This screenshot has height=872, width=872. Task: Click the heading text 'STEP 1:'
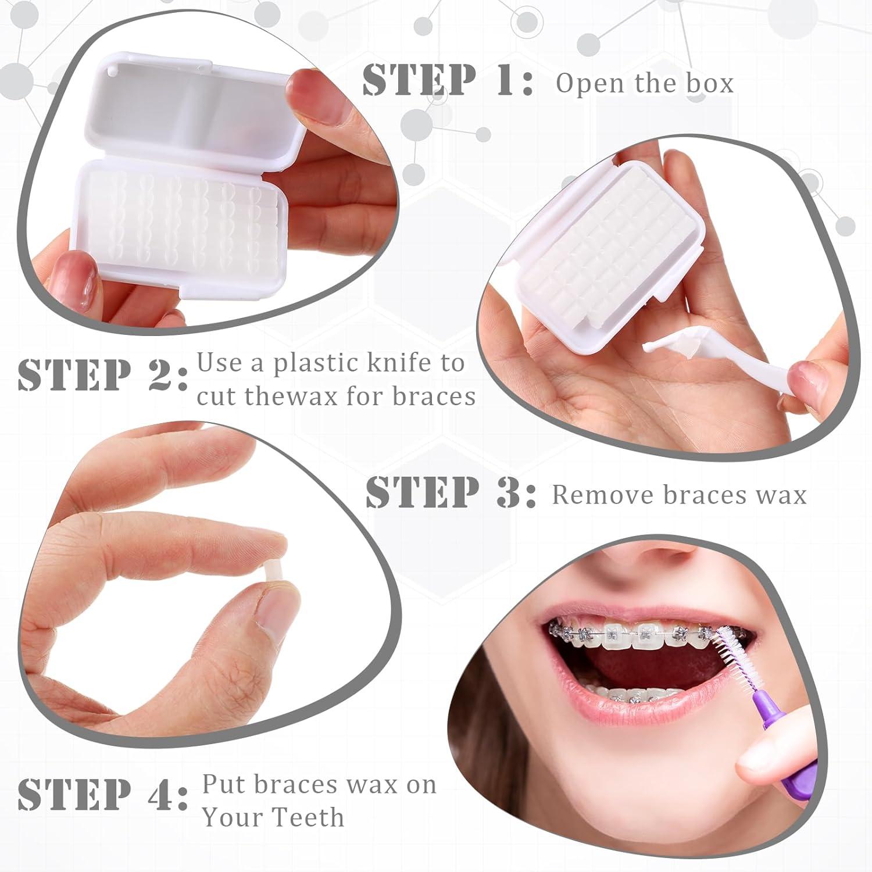click(x=448, y=80)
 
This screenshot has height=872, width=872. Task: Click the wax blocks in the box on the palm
click(x=605, y=244)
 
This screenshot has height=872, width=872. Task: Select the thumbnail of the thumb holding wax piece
click(x=273, y=610)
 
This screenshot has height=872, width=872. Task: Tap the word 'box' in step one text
click(x=710, y=83)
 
